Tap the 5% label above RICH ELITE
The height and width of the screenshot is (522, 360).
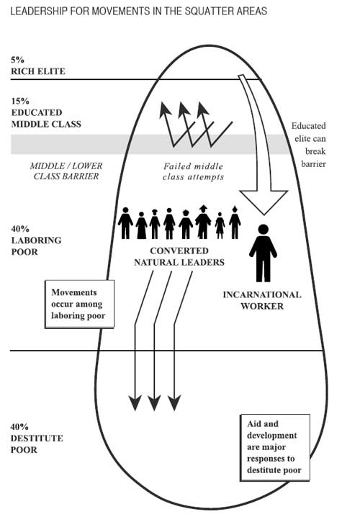point(17,60)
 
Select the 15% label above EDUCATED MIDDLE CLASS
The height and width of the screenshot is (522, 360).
point(20,102)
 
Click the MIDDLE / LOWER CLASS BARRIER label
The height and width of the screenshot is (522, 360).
point(66,171)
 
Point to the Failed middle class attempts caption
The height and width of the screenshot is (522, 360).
point(193,171)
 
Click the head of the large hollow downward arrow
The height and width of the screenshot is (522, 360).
point(264,202)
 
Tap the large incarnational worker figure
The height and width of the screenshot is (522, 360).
point(263,253)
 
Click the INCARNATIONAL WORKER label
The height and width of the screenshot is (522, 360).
point(262,300)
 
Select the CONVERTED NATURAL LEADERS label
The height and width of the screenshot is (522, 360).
point(179,256)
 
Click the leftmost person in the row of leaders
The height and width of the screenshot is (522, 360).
point(125,223)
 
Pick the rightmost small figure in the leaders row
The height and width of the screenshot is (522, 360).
point(235,222)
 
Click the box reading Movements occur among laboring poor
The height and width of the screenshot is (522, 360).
point(80,304)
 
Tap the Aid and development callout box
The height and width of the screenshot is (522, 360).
point(275,447)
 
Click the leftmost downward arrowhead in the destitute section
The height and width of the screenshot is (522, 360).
point(135,402)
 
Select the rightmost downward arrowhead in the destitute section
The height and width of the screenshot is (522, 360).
point(174,402)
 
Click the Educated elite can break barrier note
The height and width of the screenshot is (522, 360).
point(309,145)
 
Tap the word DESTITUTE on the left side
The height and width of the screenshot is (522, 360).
point(37,438)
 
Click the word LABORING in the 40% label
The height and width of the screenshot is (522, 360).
point(36,240)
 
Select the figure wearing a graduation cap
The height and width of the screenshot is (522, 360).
point(203,222)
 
